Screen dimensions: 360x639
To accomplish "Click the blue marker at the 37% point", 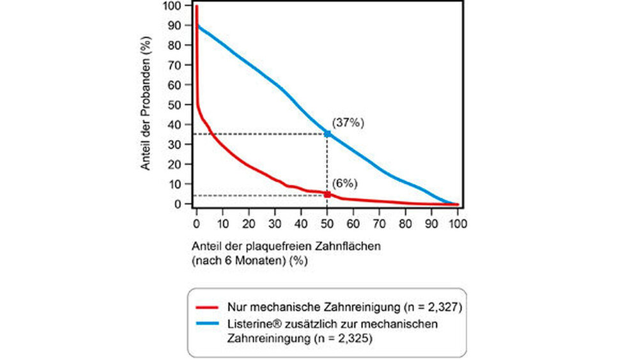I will coord(327,134).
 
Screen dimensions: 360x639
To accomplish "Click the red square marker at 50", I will coord(327,194).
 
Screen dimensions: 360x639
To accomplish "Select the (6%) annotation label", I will coord(345,184).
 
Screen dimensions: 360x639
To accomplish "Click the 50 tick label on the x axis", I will coord(327,224).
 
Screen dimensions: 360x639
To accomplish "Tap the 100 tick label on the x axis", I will coord(458,224).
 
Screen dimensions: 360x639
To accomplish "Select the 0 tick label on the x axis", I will coord(197,224).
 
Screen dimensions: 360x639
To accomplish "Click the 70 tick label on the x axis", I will coord(380,224).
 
